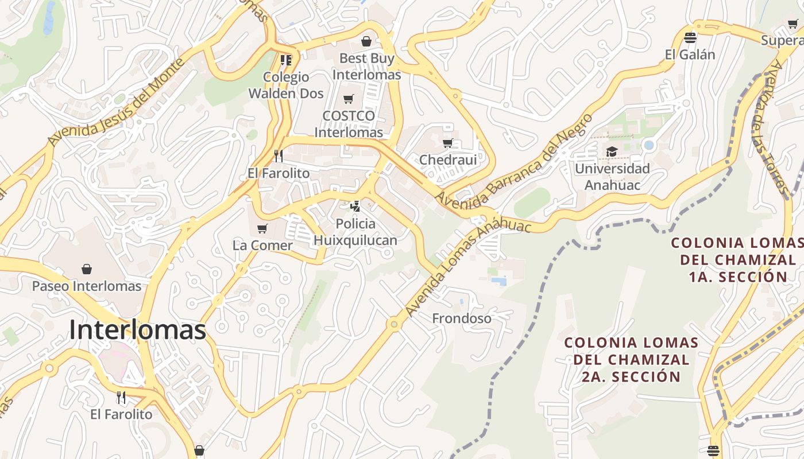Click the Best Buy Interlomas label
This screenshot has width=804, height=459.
pos(366,67)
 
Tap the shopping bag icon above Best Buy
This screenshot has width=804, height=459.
pos(366,41)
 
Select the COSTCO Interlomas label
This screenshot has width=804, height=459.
pos(349,124)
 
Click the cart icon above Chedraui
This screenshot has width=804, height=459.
pos(448,143)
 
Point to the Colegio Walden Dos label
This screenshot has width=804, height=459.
pos(286,85)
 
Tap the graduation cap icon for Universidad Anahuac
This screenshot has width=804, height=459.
pos(612,152)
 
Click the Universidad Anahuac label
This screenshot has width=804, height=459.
pos(612,177)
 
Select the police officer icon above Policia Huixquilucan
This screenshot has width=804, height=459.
pos(355,207)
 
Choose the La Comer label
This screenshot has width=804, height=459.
pos(262,246)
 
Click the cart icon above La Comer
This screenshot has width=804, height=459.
pos(262,229)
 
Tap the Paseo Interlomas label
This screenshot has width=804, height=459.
pos(87,286)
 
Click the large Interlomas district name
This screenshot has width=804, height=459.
pos(137,330)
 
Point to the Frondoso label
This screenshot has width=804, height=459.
pos(462,318)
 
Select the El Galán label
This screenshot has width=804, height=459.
pos(690,55)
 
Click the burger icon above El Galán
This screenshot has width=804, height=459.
pos(690,38)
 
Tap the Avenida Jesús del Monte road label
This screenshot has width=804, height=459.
pos(118,102)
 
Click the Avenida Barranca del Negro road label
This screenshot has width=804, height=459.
pos(513,162)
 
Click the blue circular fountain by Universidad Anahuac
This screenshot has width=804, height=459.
pos(649,145)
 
